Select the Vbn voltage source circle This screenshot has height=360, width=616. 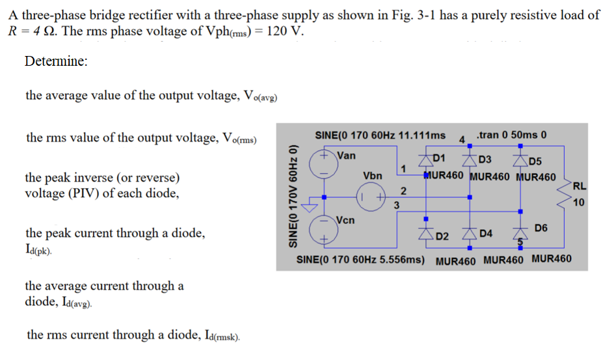[369, 194]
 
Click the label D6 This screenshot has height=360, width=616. [541, 228]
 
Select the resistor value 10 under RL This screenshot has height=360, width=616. [578, 202]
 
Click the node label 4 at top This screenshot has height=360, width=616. [461, 139]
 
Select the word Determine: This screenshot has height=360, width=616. [56, 61]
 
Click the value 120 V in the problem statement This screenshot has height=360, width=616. [284, 33]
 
